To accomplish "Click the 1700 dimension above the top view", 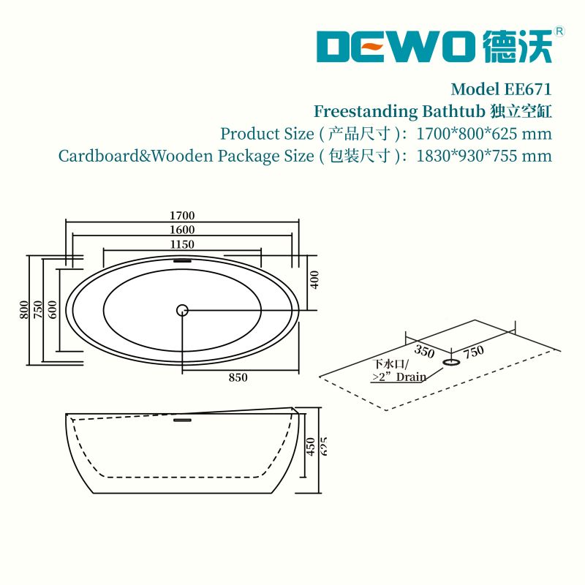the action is (x=182, y=216).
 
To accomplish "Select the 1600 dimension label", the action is (x=182, y=230).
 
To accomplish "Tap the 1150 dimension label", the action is (x=182, y=244).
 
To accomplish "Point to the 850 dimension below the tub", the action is (x=238, y=377).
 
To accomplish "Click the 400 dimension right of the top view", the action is (x=314, y=280).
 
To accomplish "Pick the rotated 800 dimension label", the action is (x=23, y=309).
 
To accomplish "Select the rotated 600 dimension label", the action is (x=53, y=309).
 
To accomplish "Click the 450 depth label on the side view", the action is (x=310, y=447).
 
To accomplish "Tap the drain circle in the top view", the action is (x=182, y=310).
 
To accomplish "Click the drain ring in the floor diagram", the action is (x=451, y=362).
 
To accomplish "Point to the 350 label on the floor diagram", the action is (x=424, y=352).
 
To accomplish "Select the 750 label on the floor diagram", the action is (x=474, y=352).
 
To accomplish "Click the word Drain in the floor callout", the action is (x=411, y=377).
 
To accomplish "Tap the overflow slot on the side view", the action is (x=182, y=420).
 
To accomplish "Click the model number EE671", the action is (x=527, y=89).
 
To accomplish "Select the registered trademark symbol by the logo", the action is (x=559, y=31).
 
